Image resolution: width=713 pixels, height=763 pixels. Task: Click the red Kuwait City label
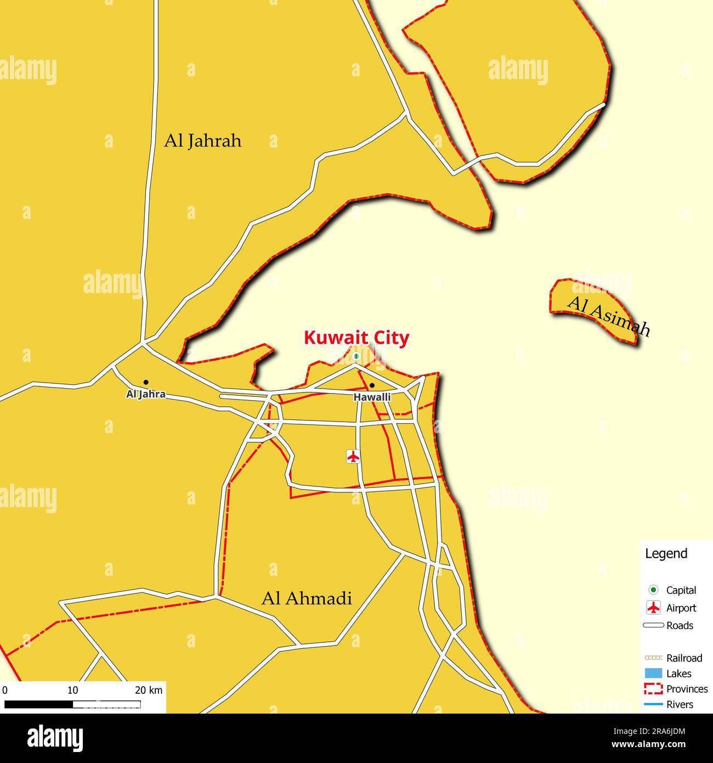(356, 338)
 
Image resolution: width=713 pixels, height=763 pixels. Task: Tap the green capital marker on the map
(356, 357)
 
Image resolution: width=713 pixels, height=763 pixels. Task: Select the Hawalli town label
(372, 396)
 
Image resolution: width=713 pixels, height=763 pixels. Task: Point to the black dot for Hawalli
(372, 385)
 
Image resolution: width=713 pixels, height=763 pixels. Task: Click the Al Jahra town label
(146, 394)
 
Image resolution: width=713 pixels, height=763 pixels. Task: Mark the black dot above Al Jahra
(146, 382)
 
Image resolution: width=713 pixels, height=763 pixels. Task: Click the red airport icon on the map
(354, 456)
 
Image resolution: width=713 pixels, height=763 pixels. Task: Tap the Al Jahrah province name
(202, 141)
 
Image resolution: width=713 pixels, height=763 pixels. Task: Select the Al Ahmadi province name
(307, 598)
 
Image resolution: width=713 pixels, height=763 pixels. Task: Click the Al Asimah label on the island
(608, 317)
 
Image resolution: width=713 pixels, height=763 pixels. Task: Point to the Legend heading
(666, 553)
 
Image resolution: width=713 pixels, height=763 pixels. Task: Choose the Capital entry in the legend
(681, 590)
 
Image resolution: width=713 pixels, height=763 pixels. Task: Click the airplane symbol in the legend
(653, 608)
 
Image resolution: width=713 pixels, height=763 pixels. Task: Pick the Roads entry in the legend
(679, 625)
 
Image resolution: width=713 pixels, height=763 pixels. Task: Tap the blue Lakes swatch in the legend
(653, 674)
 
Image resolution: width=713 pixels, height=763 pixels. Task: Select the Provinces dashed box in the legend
(653, 689)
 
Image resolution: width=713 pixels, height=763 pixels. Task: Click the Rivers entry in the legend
(680, 704)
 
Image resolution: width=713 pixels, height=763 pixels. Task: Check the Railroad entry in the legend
(684, 658)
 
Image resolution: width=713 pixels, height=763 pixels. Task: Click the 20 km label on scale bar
(149, 690)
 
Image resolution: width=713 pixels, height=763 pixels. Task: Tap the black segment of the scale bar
(38, 704)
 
